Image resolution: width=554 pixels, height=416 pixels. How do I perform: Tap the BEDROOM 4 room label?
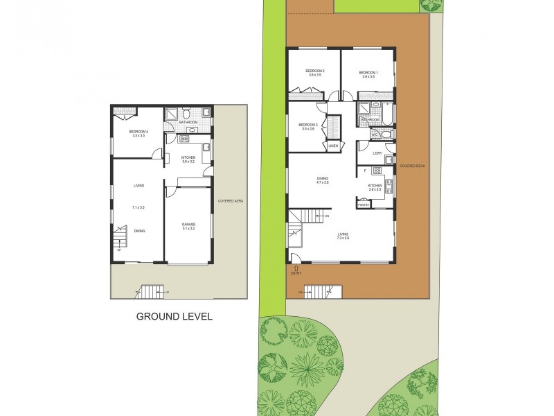point(136,132)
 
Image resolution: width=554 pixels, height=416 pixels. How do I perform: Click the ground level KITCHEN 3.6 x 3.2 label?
point(188,159)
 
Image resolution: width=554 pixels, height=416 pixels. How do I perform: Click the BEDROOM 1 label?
point(368,74)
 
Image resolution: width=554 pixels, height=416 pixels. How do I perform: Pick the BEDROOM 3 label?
point(308,126)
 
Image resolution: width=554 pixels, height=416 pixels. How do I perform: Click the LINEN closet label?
point(333,146)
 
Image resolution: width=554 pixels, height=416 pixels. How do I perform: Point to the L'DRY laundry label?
point(377,153)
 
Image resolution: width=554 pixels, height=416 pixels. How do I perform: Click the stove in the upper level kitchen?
point(377,171)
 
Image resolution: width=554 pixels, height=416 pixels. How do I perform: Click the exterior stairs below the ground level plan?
point(152,291)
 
